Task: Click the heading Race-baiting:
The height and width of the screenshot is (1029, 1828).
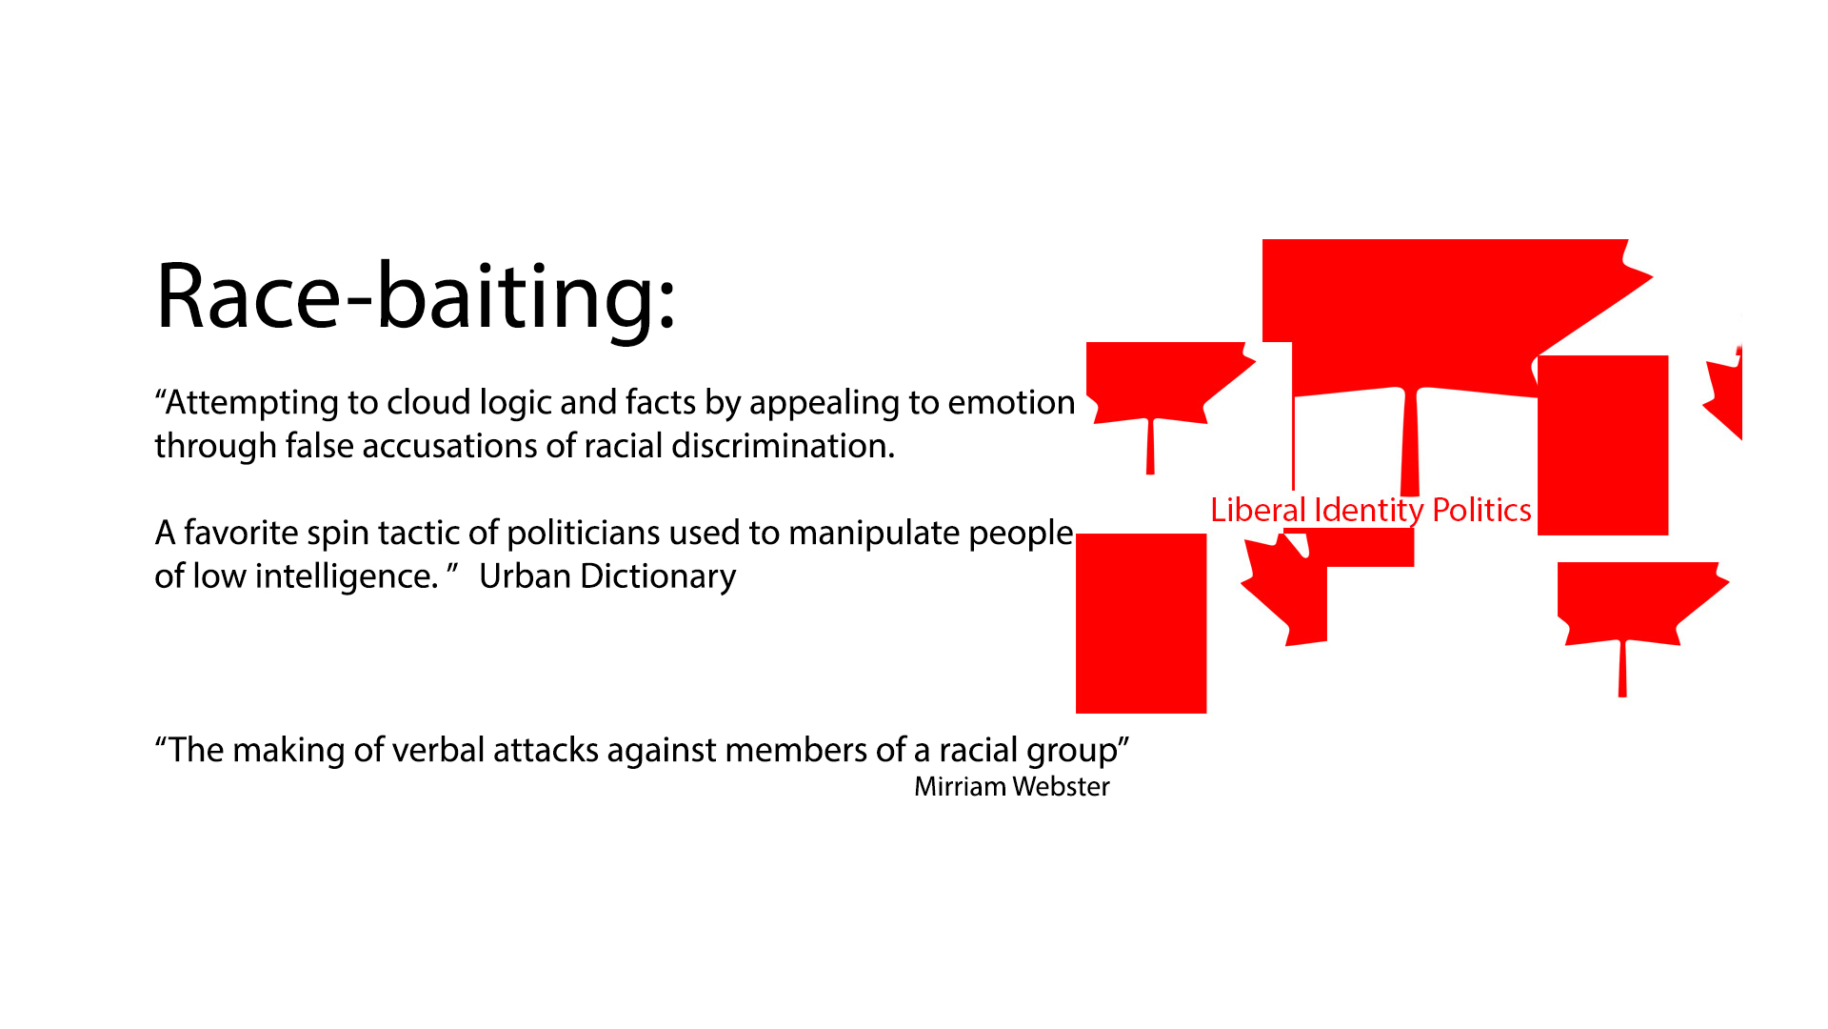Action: tap(415, 297)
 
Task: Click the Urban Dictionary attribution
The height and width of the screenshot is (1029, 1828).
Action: tap(606, 576)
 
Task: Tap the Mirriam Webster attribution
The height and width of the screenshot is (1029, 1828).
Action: tap(1011, 787)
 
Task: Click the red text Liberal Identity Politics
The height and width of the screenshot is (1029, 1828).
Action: tap(1370, 511)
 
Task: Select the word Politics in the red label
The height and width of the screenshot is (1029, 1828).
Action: tap(1481, 511)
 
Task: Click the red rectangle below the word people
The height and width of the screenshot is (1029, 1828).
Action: tap(1141, 623)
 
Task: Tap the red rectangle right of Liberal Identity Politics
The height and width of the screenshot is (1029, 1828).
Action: tap(1602, 445)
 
